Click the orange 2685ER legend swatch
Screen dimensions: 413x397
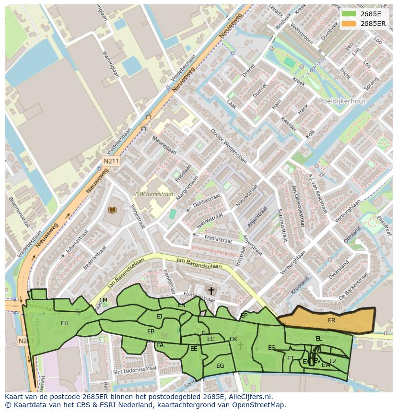point(349,24)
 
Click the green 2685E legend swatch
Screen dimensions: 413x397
point(349,14)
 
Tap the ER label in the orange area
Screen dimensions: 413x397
point(331,320)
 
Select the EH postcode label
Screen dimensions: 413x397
point(65,323)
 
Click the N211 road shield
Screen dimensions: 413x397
point(111,162)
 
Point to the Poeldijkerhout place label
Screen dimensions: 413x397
point(342,101)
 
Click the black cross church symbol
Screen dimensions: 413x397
point(211,291)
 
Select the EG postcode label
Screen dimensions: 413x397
point(220,366)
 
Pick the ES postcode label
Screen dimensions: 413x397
point(271,348)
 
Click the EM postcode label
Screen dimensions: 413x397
point(103,300)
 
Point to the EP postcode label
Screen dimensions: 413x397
point(244,316)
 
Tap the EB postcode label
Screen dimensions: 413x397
point(151,331)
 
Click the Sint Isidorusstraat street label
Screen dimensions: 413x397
point(135,370)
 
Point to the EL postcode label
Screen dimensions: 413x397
point(318,339)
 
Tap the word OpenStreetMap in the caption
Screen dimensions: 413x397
point(261,405)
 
